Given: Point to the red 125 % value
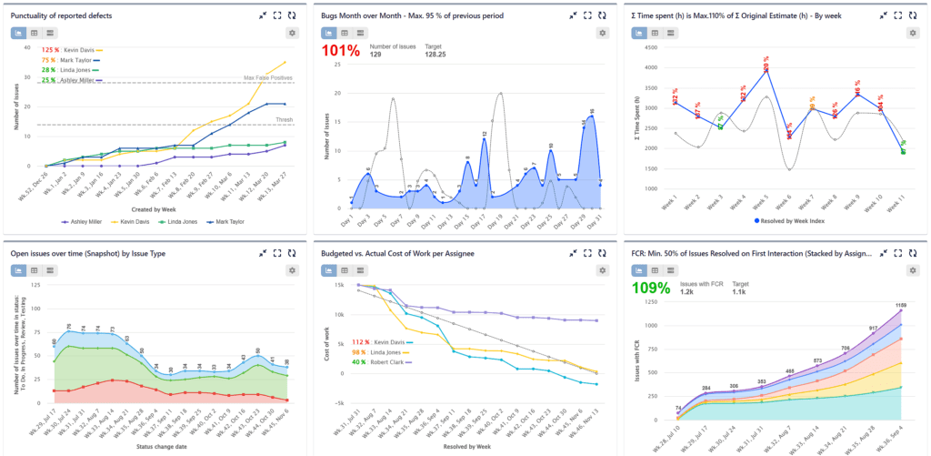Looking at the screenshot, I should tap(51, 49).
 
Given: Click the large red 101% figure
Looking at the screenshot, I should tap(341, 51).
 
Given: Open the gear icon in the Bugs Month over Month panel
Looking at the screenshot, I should tap(603, 33).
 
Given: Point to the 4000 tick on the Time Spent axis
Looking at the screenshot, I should tap(647, 67).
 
